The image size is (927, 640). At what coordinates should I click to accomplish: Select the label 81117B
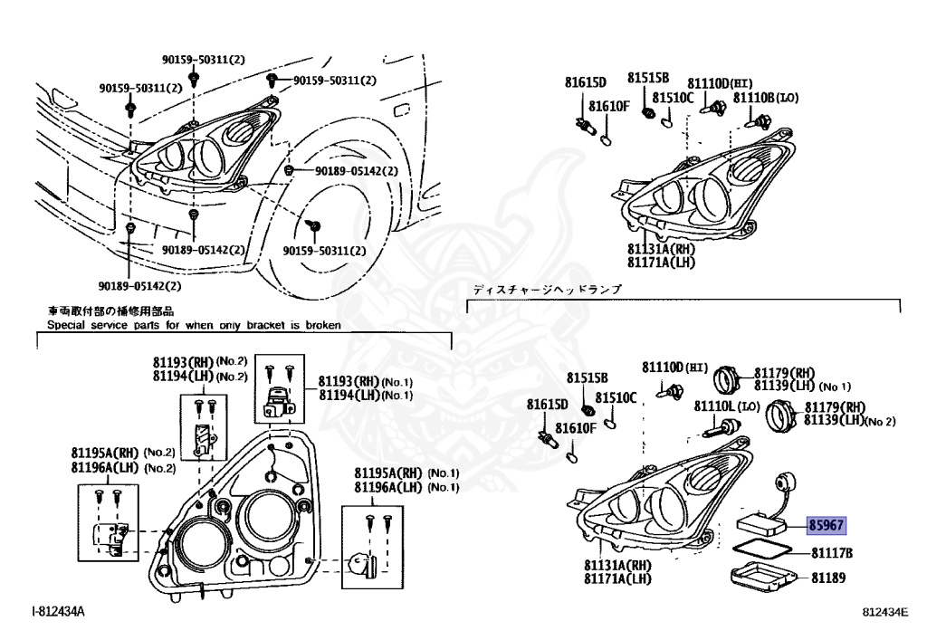832,553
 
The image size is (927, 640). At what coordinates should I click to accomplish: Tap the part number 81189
827,577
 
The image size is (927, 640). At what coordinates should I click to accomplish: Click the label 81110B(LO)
766,97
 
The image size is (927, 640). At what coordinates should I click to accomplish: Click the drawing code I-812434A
58,612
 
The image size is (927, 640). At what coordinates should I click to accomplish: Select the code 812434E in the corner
884,613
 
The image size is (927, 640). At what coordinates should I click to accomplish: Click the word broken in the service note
322,324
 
